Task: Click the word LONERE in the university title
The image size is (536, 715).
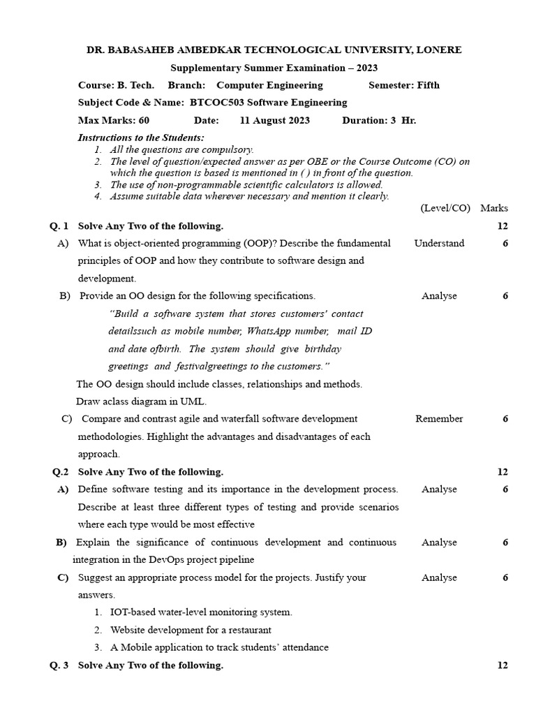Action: click(x=437, y=50)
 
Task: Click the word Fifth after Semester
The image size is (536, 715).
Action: click(x=428, y=85)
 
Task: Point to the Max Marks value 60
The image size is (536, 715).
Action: click(x=144, y=120)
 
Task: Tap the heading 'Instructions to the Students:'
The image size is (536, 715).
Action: click(x=141, y=138)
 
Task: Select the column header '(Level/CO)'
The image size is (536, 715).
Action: click(x=445, y=208)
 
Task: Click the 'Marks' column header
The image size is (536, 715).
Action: click(x=494, y=208)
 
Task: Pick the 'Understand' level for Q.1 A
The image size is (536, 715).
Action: click(x=439, y=244)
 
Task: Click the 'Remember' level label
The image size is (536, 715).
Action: click(x=439, y=419)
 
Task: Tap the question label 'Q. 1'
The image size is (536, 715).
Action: click(x=59, y=226)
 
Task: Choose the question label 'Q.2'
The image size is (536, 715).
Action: click(x=60, y=472)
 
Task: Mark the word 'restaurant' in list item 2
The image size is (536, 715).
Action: click(x=248, y=630)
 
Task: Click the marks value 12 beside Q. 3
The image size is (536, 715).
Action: click(x=502, y=665)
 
